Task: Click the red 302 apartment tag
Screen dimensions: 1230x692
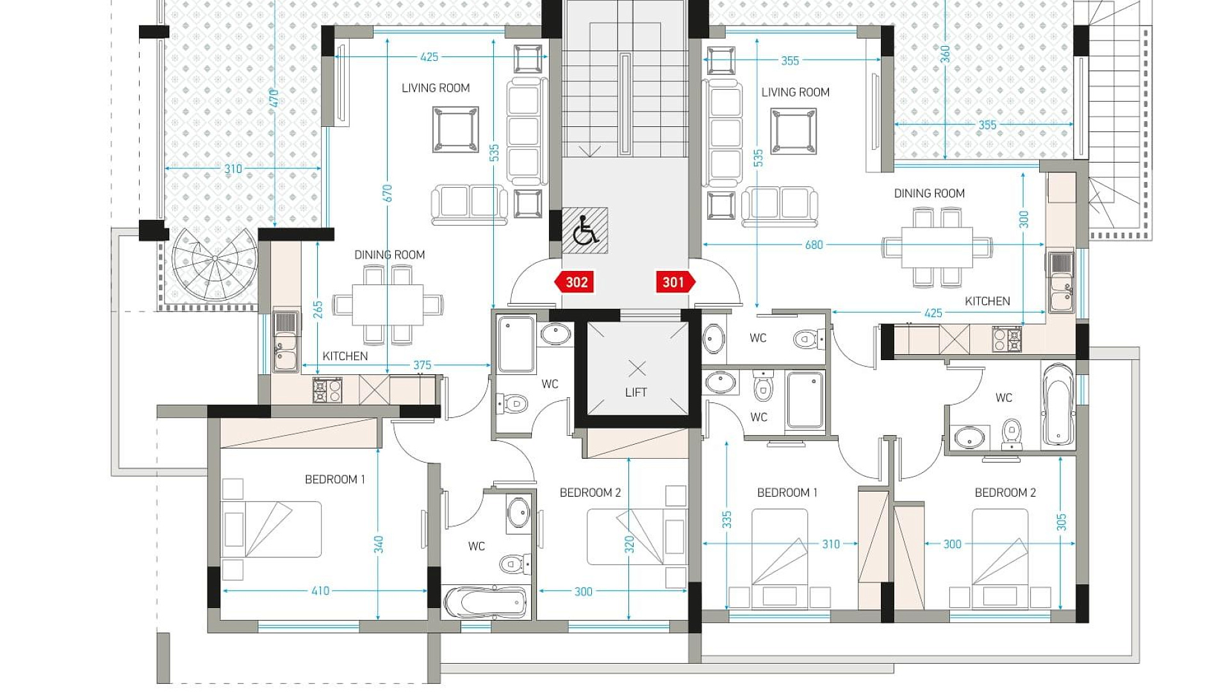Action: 574,282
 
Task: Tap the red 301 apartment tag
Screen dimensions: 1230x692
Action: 676,282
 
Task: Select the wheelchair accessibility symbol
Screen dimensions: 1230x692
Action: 585,231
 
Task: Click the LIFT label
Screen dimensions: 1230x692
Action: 636,392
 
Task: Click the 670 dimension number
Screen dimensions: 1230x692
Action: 388,193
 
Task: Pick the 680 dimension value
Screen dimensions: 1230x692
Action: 814,245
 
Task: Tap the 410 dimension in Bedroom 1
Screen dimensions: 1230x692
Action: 320,591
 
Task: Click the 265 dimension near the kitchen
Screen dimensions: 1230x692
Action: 318,309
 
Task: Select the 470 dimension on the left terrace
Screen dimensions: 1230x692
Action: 274,98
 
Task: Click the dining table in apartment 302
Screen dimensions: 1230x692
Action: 388,305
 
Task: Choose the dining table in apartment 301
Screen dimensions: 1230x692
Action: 937,247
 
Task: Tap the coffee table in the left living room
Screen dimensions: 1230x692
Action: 455,130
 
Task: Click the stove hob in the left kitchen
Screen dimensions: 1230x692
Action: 327,390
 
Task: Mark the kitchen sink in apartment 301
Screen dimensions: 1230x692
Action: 1062,283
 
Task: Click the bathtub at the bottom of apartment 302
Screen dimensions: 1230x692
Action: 485,602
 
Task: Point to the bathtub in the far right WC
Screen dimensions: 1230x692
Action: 1058,404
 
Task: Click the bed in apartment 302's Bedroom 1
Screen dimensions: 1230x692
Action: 271,529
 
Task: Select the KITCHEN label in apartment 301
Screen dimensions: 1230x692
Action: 987,301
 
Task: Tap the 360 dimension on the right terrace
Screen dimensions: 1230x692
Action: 946,54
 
